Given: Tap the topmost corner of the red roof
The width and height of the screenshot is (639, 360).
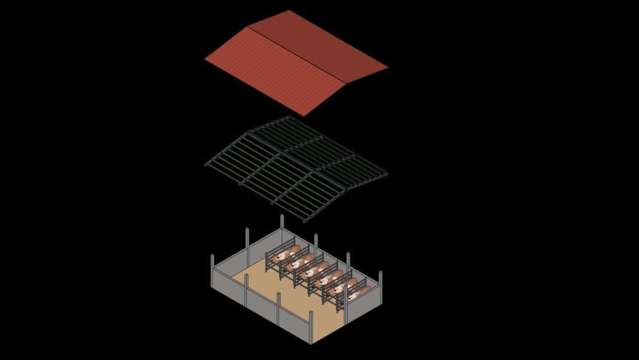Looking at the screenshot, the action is tap(290, 11).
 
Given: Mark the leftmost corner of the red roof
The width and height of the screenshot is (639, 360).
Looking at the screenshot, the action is tap(205, 59).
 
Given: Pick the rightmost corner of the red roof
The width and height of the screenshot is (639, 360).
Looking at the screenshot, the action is tap(387, 67).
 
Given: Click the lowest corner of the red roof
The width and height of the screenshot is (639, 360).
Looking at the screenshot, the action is tap(304, 115).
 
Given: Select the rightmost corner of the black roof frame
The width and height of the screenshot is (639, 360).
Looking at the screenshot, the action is tap(387, 174).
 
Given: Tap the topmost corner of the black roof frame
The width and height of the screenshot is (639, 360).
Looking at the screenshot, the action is tap(290, 117).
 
